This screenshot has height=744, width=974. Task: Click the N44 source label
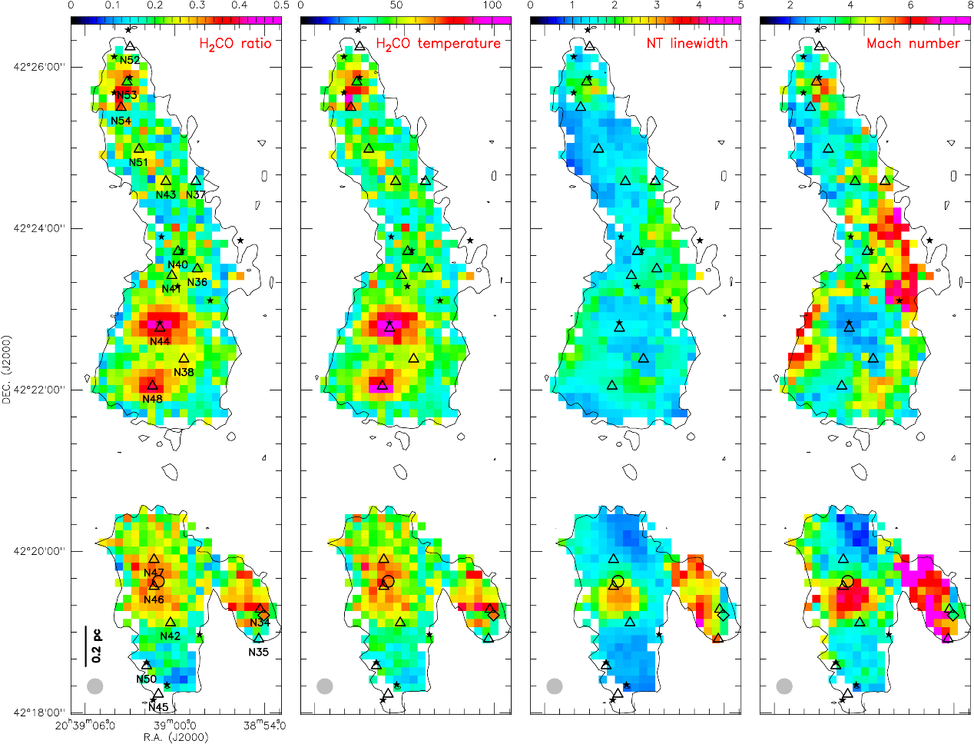pyautogui.click(x=160, y=341)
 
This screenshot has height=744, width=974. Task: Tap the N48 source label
pyautogui.click(x=152, y=399)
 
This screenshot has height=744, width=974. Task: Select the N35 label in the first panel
pyautogui.click(x=259, y=653)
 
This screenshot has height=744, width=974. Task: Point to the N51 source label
pyautogui.click(x=138, y=162)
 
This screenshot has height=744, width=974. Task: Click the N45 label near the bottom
pyautogui.click(x=158, y=707)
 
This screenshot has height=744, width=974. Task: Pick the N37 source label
pyautogui.click(x=196, y=194)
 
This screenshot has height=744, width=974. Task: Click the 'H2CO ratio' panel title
pyautogui.click(x=235, y=44)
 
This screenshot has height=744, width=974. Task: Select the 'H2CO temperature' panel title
pyautogui.click(x=438, y=44)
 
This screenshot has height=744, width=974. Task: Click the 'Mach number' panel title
pyautogui.click(x=913, y=44)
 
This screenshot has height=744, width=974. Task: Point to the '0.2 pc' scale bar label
pyautogui.click(x=97, y=646)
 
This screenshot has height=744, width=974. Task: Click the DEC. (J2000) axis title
pyautogui.click(x=6, y=370)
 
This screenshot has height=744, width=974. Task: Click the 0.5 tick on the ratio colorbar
pyautogui.click(x=280, y=6)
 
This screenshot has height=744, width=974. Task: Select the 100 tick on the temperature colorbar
pyautogui.click(x=492, y=6)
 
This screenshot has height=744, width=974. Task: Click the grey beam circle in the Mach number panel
pyautogui.click(x=784, y=686)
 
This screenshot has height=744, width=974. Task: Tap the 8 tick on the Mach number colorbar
pyautogui.click(x=970, y=6)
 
